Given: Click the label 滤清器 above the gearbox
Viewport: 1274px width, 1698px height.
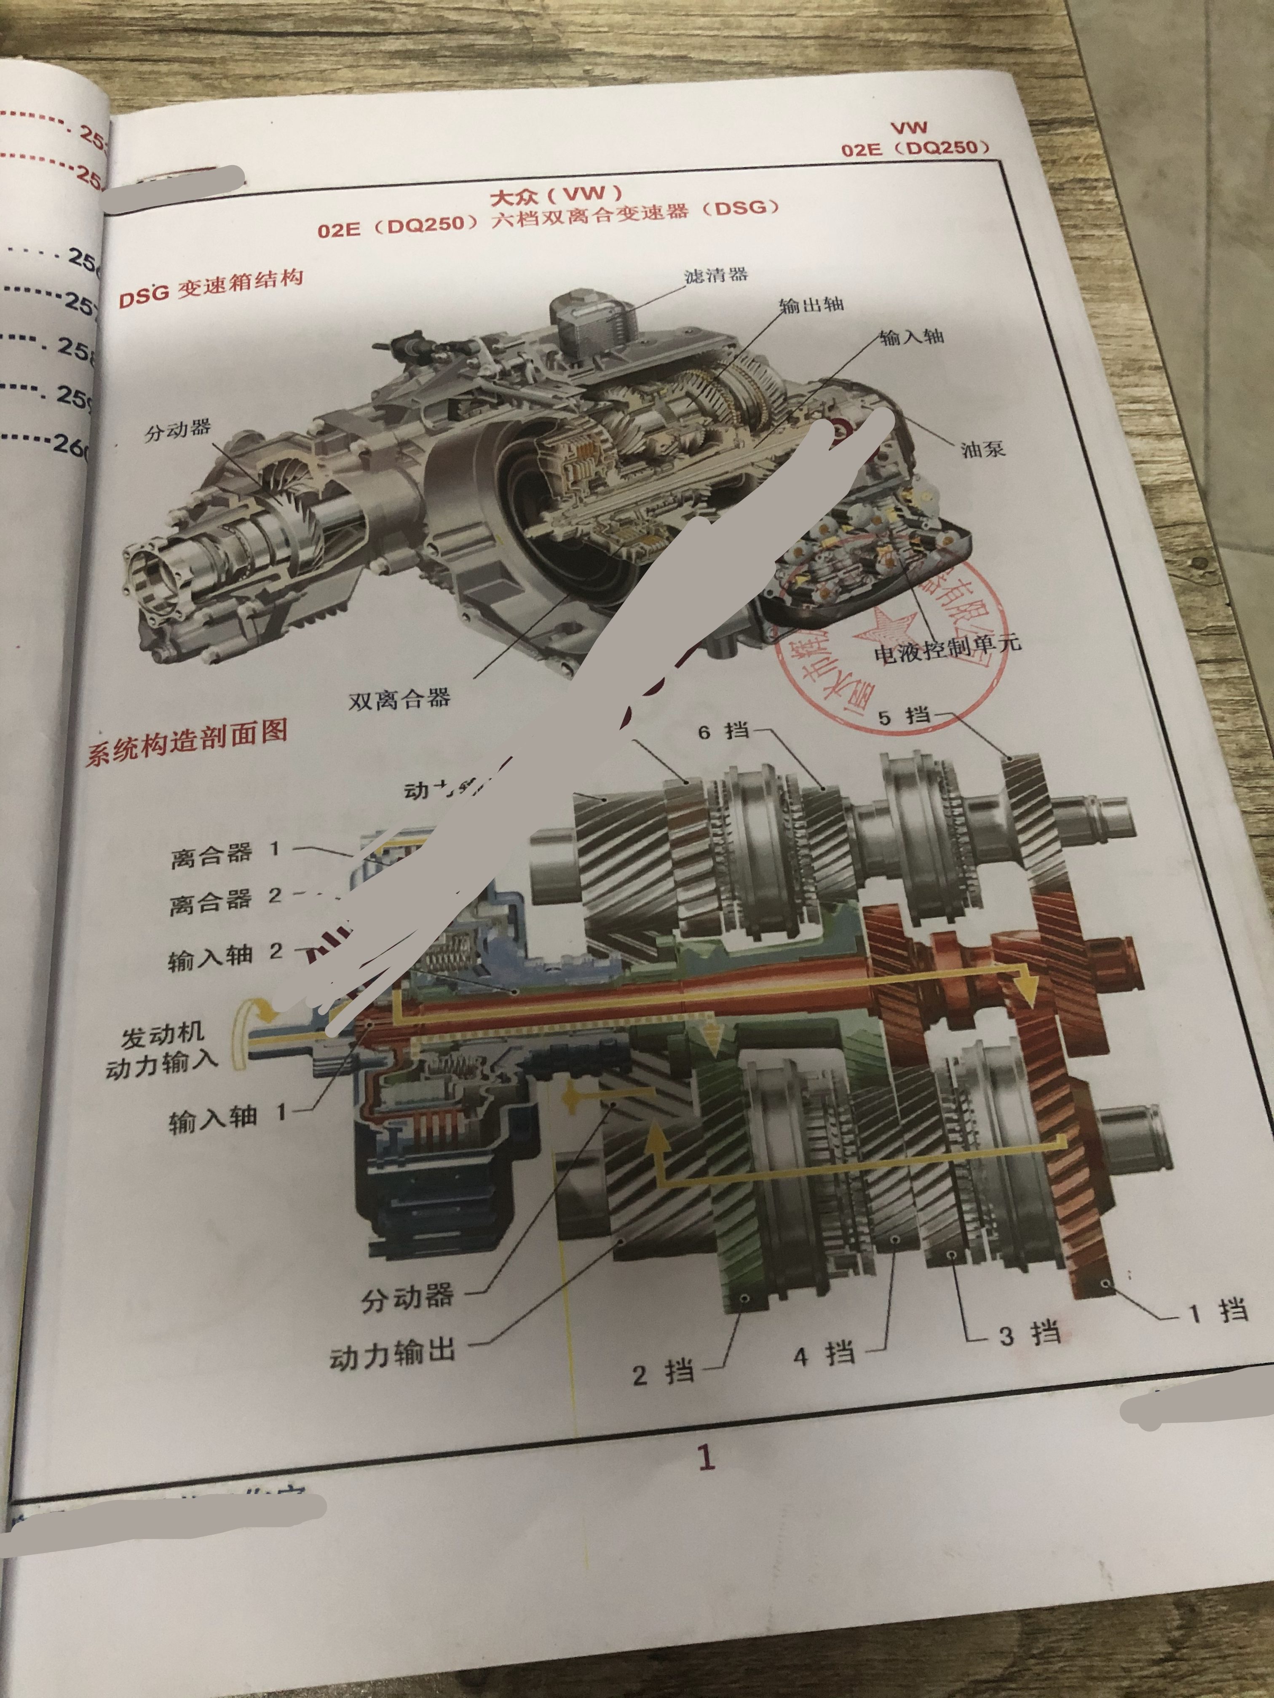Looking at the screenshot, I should click(x=716, y=274).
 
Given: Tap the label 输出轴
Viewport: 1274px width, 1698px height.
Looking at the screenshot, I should click(x=811, y=305).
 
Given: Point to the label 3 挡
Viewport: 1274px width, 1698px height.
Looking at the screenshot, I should click(x=1030, y=1333).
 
